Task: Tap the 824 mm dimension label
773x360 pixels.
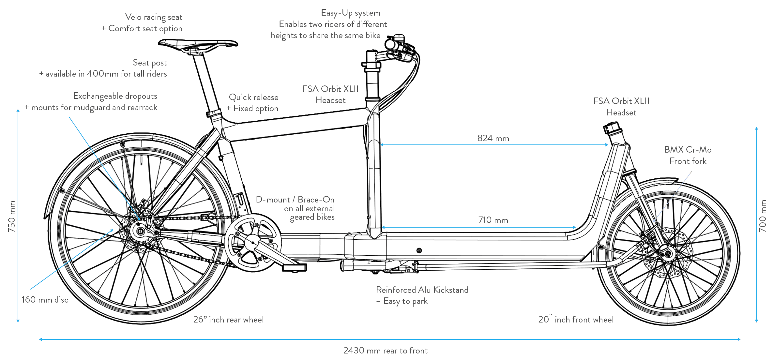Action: coord(493,138)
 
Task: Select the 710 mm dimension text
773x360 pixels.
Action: coord(493,220)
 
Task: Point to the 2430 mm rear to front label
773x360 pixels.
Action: coord(386,351)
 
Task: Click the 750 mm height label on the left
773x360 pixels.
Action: coord(12,216)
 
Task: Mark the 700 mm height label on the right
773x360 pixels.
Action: coord(763,216)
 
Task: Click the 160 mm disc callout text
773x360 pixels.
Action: coord(45,299)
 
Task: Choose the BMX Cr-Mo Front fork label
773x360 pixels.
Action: coord(688,155)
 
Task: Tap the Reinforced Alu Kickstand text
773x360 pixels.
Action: coord(422,290)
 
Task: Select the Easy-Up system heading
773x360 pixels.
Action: coord(350,13)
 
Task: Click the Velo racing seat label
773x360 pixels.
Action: coord(154,17)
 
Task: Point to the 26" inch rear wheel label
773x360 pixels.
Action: coord(228,320)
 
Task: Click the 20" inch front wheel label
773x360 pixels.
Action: coord(576,320)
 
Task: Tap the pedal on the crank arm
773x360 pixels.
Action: coord(294,267)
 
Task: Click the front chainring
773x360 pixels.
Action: coord(253,242)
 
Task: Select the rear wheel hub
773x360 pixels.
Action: coord(141,231)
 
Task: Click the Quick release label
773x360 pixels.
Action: coord(254,97)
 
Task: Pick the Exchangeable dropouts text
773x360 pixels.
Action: coord(115,96)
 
